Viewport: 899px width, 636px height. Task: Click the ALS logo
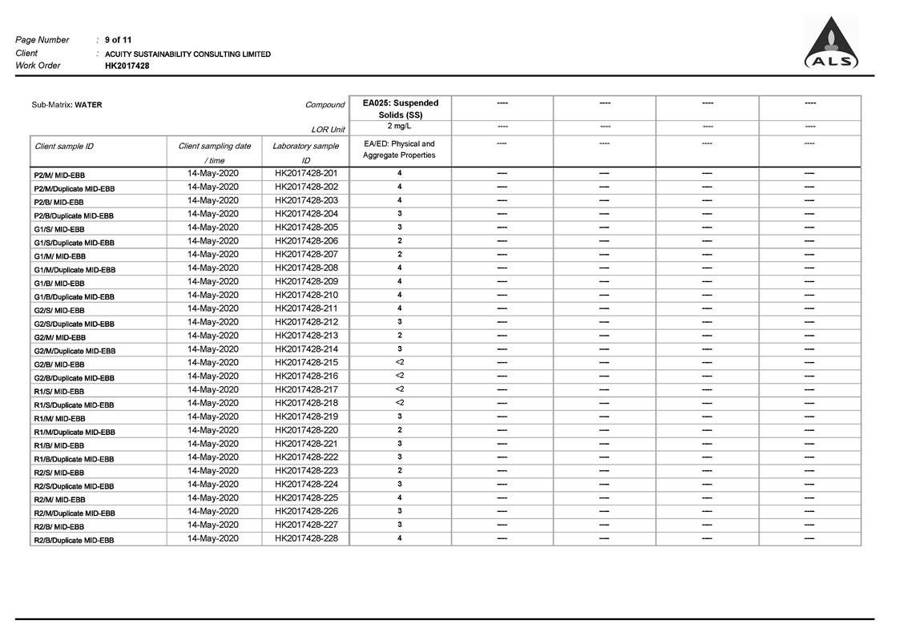click(x=831, y=44)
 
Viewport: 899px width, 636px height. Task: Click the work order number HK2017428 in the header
click(x=127, y=66)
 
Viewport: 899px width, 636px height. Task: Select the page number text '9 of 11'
click(x=119, y=40)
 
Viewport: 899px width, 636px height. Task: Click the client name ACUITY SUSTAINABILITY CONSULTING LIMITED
click(x=187, y=54)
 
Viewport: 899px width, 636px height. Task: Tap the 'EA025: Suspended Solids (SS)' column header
click(x=400, y=109)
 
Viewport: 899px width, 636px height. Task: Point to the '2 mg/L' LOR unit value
click(x=400, y=127)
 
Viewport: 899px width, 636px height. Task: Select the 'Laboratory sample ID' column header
click(x=305, y=153)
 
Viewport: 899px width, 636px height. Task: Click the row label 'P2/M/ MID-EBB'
click(x=59, y=175)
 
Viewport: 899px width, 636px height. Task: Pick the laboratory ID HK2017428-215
click(x=306, y=362)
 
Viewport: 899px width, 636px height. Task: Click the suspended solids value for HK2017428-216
click(x=400, y=376)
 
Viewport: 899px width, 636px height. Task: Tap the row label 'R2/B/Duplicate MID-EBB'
click(x=74, y=540)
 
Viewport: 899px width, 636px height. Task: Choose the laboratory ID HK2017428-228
click(x=306, y=538)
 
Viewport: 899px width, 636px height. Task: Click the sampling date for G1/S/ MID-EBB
click(x=213, y=227)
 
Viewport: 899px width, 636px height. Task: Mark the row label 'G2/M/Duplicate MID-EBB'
click(x=75, y=351)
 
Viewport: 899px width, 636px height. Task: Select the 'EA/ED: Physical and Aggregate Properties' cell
click(x=400, y=150)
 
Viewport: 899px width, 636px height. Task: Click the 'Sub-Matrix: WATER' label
click(x=67, y=105)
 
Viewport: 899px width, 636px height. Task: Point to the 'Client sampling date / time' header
click(x=215, y=153)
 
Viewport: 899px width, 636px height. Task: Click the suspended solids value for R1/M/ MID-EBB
click(x=400, y=417)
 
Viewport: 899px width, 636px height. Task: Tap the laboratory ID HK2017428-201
click(x=306, y=173)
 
